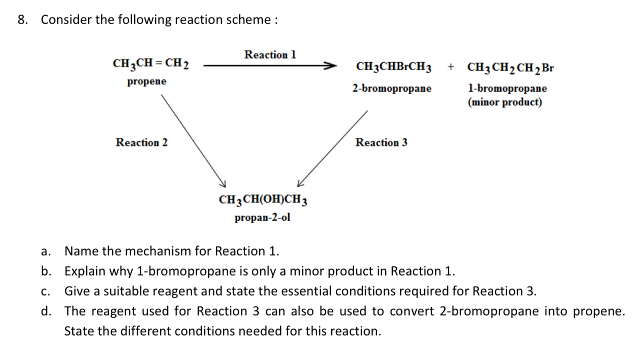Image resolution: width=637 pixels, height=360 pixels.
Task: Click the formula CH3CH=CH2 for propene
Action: point(150,64)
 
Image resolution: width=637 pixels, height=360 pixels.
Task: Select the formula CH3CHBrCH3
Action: point(394,67)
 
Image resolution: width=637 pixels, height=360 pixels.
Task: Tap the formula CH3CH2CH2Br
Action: point(510,67)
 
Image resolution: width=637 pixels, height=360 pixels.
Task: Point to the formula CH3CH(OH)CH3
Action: point(263,200)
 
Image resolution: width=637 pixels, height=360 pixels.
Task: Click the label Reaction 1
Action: point(270,54)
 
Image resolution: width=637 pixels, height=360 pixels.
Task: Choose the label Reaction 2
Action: point(141,142)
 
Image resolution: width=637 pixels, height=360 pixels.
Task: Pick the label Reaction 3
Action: point(381,142)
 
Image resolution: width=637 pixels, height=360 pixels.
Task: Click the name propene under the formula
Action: point(146,81)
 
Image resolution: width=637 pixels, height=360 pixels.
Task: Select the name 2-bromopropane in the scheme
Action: point(391,88)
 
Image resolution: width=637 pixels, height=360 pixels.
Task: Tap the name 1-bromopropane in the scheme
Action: point(507,88)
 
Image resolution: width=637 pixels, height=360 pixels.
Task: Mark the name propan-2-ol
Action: point(262,218)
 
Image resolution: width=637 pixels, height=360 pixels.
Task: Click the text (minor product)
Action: point(504,102)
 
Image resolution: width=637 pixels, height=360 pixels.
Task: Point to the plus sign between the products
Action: point(451,66)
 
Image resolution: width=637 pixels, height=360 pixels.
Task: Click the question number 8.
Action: point(22,20)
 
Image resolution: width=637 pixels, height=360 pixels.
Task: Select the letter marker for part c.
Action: point(45,291)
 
